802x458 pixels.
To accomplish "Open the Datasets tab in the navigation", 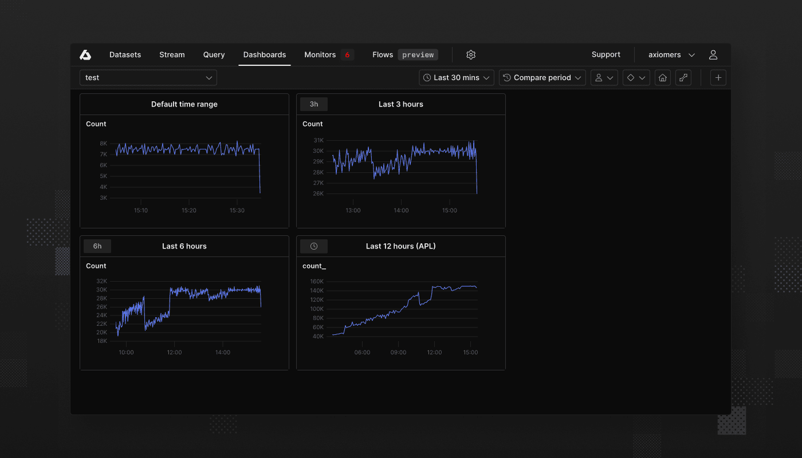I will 125,55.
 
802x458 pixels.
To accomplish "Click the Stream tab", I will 172,55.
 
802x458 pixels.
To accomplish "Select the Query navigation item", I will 214,55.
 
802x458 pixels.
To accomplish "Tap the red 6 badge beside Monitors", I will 347,55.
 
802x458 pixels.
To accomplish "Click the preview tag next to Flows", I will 418,55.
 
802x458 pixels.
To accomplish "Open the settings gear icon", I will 471,55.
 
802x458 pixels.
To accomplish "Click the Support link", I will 606,55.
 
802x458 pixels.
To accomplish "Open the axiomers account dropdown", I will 671,55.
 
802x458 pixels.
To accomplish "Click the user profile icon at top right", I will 713,55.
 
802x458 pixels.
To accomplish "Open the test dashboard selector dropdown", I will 148,78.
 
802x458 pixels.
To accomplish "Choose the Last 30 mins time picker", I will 457,78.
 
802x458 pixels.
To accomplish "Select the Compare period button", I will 542,78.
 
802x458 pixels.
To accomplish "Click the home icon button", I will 663,78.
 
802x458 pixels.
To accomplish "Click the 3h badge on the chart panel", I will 314,104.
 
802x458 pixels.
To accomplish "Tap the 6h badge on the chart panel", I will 97,246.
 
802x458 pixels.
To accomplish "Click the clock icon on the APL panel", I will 314,246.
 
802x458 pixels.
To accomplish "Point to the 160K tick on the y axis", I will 317,282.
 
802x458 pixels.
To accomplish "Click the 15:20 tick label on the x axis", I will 189,211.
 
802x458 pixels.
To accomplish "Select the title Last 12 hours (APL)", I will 400,246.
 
